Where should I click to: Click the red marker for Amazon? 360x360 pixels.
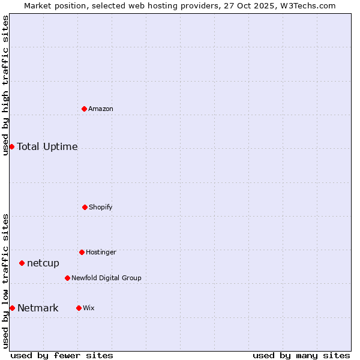pyautogui.click(x=85, y=109)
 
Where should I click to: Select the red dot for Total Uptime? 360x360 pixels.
pyautogui.click(x=11, y=146)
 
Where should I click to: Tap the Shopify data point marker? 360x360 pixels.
pyautogui.click(x=85, y=207)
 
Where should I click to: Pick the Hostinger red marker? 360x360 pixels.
pyautogui.click(x=82, y=252)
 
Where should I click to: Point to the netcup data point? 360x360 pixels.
pyautogui.click(x=22, y=263)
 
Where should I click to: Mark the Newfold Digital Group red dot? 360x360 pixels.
pyautogui.click(x=67, y=278)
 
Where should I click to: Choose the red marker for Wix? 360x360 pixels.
pyautogui.click(x=79, y=308)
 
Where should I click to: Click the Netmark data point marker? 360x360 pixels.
pyautogui.click(x=12, y=308)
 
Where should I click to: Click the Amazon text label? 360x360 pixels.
pyautogui.click(x=101, y=109)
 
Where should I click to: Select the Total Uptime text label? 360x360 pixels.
pyautogui.click(x=47, y=146)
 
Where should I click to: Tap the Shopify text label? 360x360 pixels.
pyautogui.click(x=101, y=207)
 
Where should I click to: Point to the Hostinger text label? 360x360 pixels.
pyautogui.click(x=101, y=252)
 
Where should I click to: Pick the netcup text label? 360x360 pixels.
pyautogui.click(x=43, y=263)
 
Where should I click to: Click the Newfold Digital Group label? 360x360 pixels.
pyautogui.click(x=106, y=278)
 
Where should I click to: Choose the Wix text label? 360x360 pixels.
pyautogui.click(x=89, y=308)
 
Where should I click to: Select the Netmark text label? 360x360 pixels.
pyautogui.click(x=38, y=308)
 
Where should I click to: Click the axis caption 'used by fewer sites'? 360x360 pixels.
pyautogui.click(x=62, y=355)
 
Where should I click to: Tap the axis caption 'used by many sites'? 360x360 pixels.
pyautogui.click(x=301, y=355)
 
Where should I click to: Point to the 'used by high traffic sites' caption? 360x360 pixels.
pyautogui.click(x=5, y=85)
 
